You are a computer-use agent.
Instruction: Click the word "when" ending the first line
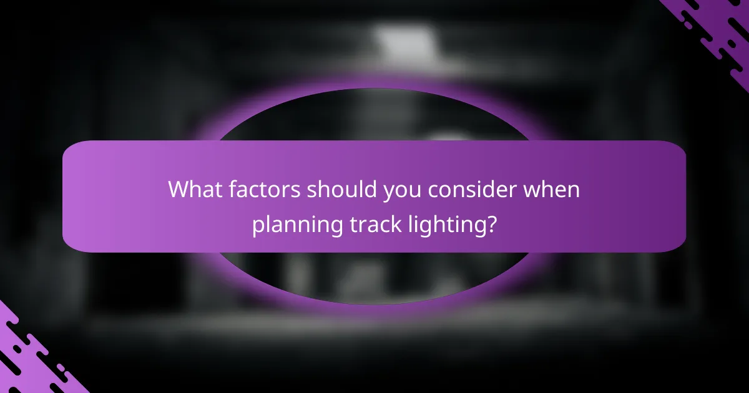coord(552,190)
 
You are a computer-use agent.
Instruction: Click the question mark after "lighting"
coord(492,224)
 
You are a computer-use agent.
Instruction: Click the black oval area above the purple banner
coord(374,115)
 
